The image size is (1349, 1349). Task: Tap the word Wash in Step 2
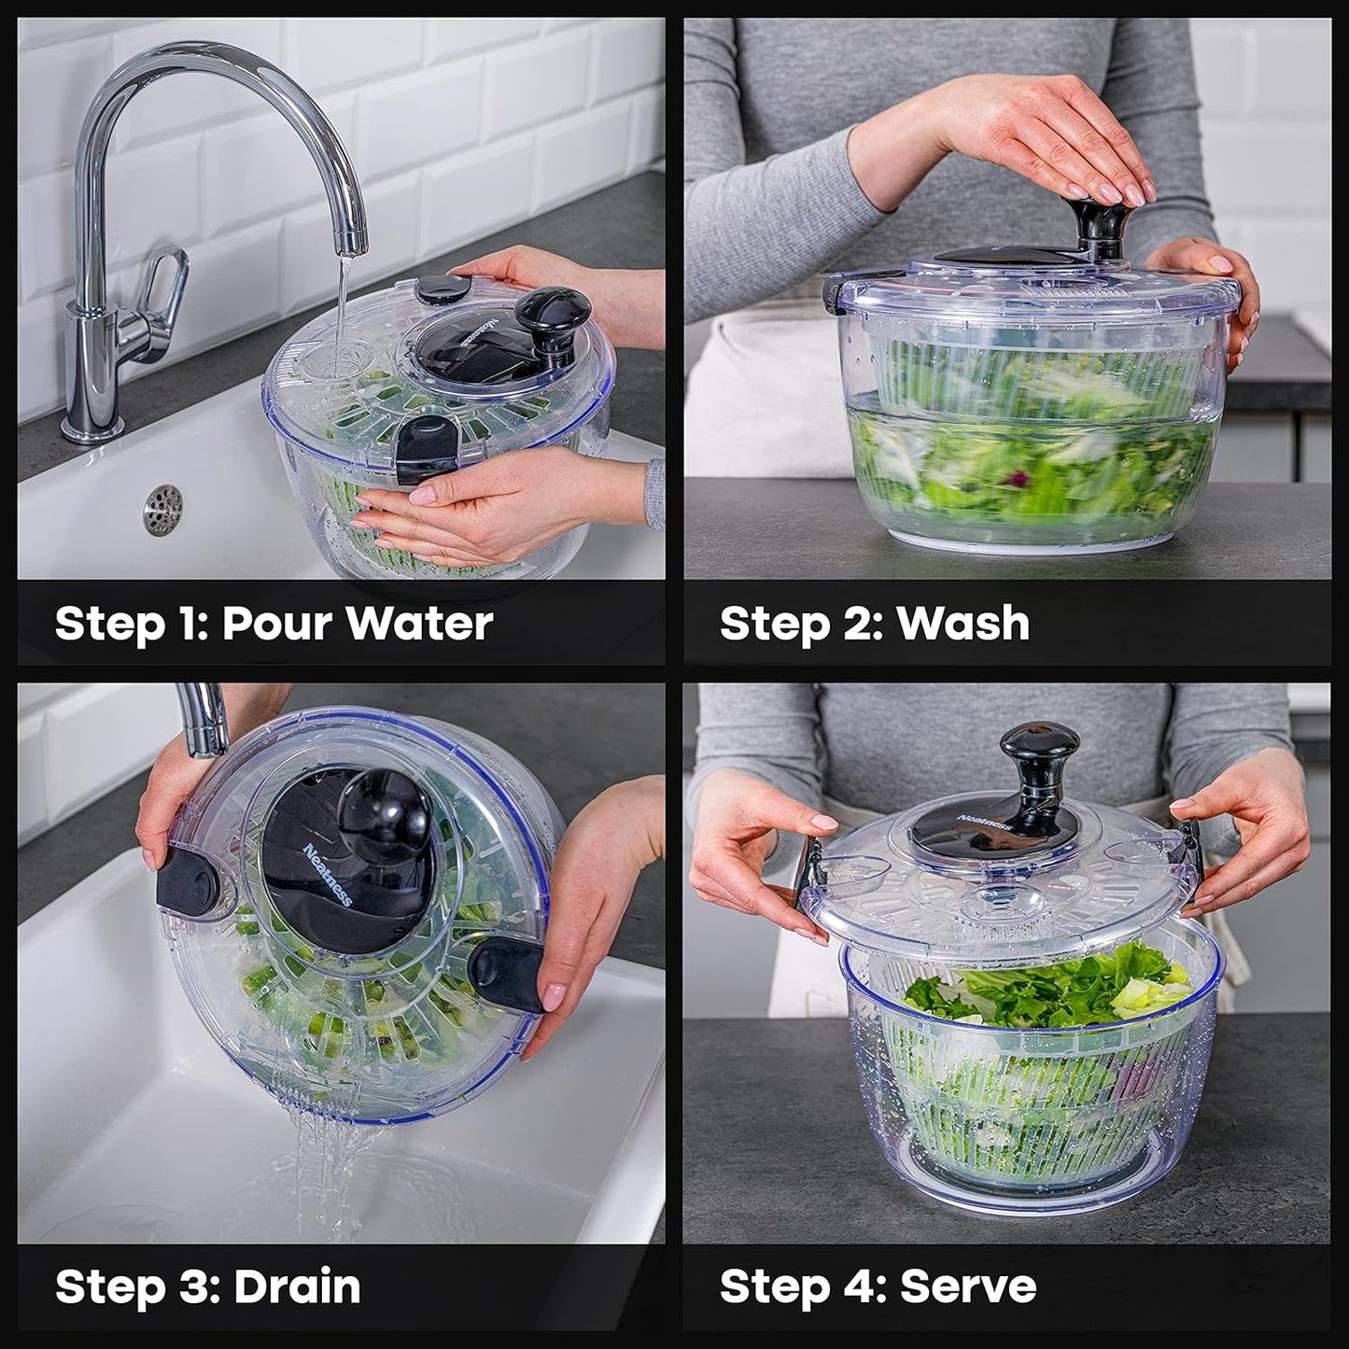(x=963, y=623)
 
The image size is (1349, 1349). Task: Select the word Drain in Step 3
(x=296, y=1286)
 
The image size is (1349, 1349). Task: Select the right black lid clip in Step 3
(x=505, y=974)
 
